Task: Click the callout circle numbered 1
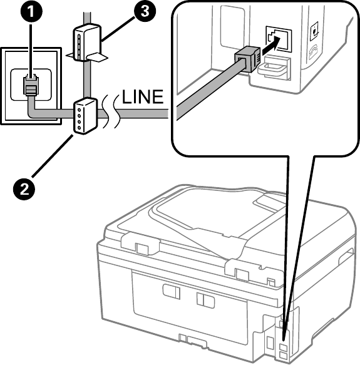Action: coord(31,12)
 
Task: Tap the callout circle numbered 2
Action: coord(24,189)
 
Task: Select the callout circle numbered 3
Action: coord(145,12)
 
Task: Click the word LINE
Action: coord(143,97)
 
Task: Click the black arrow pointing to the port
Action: coord(272,46)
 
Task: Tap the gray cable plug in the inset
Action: coord(247,59)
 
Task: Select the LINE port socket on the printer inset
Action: coord(279,38)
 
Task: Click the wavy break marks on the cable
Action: coord(111,111)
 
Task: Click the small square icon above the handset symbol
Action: coord(314,31)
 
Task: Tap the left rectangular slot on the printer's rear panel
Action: coord(171,291)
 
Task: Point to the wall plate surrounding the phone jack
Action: coord(31,86)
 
